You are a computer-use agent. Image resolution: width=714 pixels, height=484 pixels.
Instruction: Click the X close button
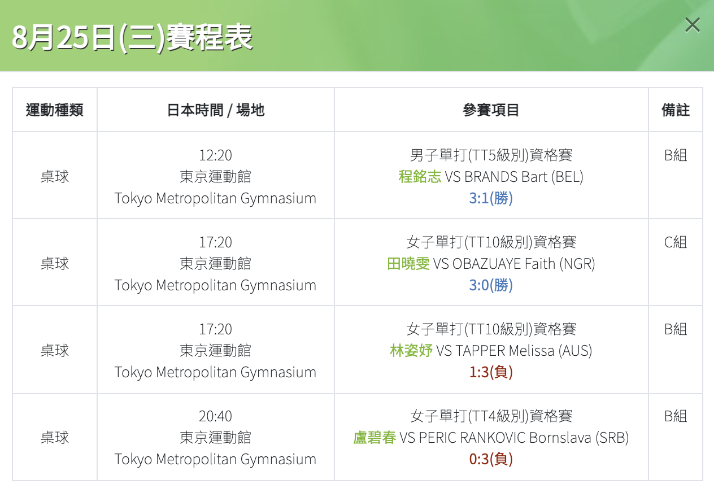[693, 25]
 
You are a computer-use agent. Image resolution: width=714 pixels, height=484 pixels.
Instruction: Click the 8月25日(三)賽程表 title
[132, 38]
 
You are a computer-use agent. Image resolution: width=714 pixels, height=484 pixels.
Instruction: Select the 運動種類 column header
[54, 110]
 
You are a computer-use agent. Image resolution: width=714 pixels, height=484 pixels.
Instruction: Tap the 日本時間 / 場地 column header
[216, 110]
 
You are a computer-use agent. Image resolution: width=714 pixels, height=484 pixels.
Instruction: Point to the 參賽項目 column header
[491, 110]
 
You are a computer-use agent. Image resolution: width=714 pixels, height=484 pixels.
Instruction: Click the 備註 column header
[676, 110]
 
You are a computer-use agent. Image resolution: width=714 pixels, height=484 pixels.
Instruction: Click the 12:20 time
[215, 155]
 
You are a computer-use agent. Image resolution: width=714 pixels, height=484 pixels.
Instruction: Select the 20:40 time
[215, 416]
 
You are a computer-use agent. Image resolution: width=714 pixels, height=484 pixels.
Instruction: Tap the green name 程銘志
[420, 177]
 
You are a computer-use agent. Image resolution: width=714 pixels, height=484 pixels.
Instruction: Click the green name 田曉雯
[408, 264]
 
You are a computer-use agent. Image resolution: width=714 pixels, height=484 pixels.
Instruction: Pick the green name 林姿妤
[411, 351]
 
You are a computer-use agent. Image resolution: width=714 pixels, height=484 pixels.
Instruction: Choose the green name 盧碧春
[375, 438]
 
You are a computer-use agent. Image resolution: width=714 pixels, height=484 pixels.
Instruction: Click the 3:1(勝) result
[491, 198]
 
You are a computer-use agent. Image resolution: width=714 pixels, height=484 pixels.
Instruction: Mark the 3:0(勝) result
[491, 285]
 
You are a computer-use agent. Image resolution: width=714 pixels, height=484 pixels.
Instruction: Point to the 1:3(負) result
[491, 372]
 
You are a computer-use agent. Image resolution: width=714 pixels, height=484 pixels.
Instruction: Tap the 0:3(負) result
[491, 459]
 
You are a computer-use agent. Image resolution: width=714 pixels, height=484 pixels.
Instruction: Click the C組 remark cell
[676, 242]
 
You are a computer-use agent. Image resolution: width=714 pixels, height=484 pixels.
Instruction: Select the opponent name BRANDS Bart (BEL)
[524, 177]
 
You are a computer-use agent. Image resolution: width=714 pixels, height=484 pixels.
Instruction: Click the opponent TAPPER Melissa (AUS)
[524, 351]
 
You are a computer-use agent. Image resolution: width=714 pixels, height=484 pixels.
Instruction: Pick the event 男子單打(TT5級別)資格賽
[491, 155]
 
